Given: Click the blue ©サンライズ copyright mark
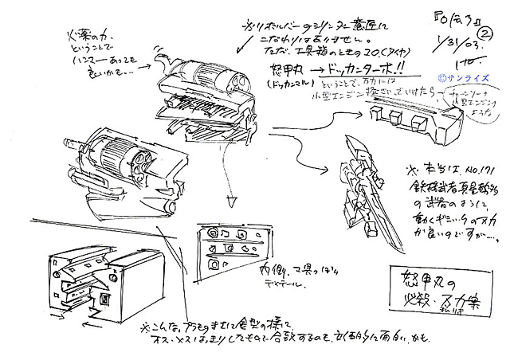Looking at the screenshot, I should (461, 78).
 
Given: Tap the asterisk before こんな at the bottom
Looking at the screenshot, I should (144, 327).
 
